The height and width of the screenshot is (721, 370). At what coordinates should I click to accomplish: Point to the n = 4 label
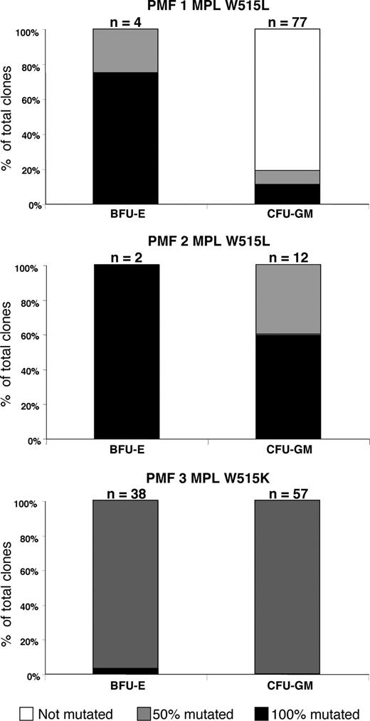click(x=125, y=21)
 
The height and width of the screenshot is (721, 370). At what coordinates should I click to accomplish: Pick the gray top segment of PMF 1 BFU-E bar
click(x=126, y=51)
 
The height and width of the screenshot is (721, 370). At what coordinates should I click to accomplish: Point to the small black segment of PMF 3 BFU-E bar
click(x=126, y=670)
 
